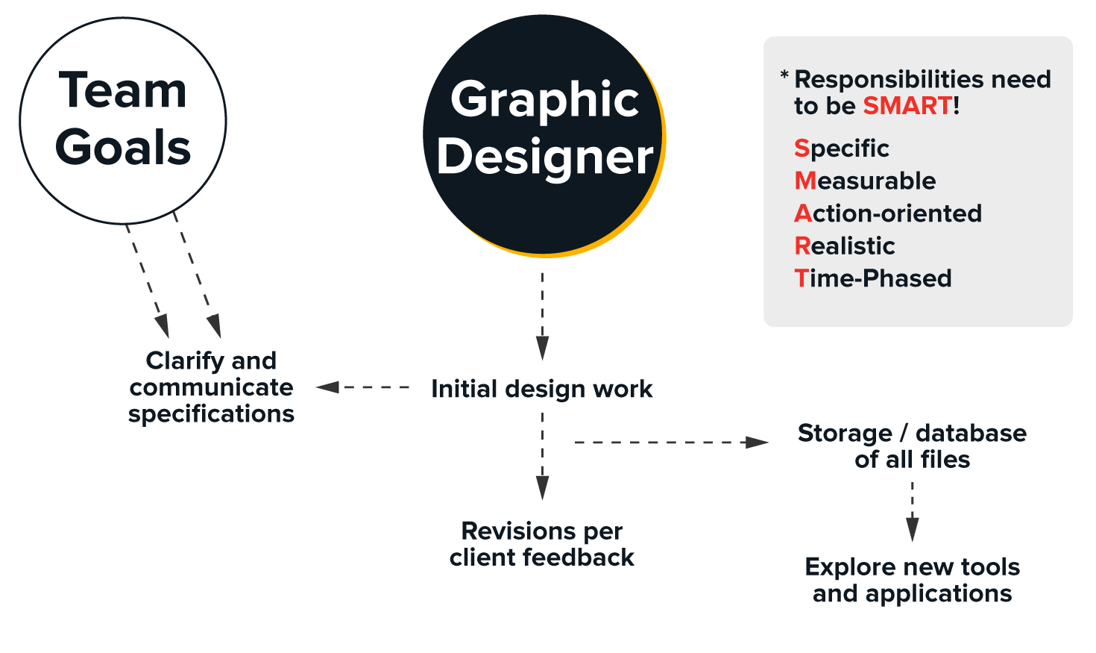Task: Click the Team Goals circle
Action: click(123, 120)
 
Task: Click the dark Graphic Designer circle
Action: click(543, 134)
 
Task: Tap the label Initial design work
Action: click(542, 389)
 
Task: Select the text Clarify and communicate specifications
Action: click(211, 387)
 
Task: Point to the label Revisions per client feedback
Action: click(542, 544)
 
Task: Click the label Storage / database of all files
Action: click(912, 446)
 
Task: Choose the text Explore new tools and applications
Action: click(912, 580)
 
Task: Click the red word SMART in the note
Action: click(907, 106)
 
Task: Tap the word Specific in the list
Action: click(842, 149)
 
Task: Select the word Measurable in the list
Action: click(865, 181)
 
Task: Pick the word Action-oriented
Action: click(888, 213)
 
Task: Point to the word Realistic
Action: click(845, 246)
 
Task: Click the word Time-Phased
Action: click(873, 278)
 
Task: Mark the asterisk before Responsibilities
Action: click(784, 75)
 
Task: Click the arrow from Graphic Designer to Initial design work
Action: click(543, 317)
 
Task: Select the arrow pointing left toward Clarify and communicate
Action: click(363, 387)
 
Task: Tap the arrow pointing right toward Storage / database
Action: click(671, 443)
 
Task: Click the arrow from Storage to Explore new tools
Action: click(912, 512)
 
